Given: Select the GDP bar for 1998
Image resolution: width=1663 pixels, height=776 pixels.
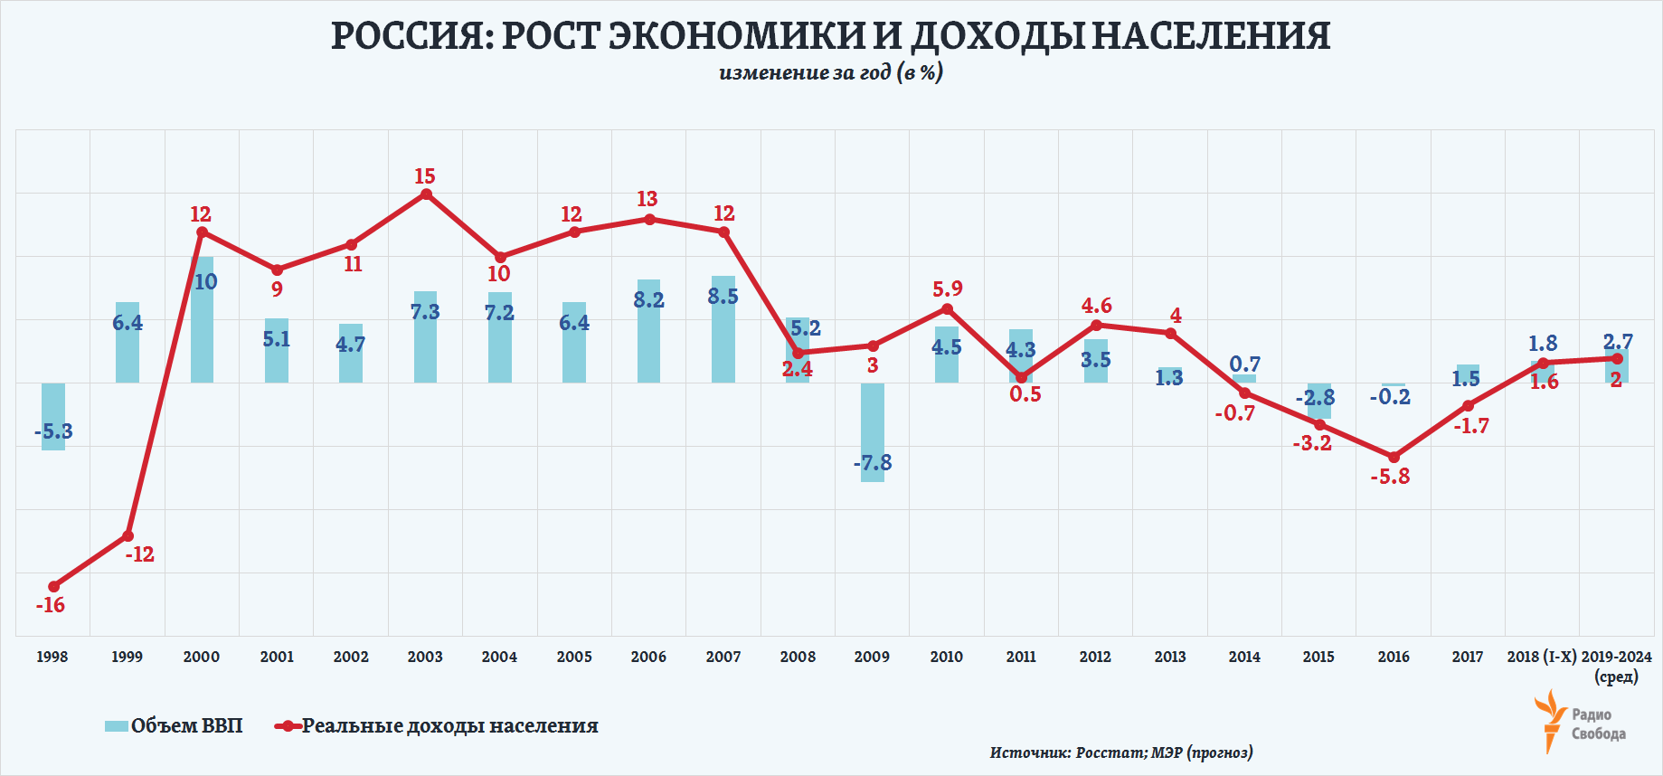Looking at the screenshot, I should [x=53, y=416].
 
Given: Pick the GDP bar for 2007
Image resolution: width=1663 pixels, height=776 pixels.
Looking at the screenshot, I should [x=723, y=329].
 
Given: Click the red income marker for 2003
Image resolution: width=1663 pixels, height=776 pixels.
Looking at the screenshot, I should [x=426, y=194].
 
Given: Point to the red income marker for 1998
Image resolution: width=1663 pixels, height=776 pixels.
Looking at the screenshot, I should [x=53, y=587].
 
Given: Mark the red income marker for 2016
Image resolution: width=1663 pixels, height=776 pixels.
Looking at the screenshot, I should [x=1394, y=458].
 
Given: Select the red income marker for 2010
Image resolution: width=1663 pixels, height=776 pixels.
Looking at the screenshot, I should [x=947, y=308].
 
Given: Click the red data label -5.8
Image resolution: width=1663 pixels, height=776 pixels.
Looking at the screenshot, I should [x=1390, y=477].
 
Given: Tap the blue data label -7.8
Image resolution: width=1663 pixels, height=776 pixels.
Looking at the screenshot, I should [x=873, y=463].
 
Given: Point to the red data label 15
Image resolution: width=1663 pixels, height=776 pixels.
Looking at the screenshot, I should [x=425, y=176].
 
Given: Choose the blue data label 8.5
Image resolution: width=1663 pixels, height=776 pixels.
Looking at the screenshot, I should [x=723, y=297].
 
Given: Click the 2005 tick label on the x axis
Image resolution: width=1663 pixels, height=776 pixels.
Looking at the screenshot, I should [x=574, y=657].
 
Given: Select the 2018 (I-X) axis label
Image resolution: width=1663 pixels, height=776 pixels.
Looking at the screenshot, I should [x=1541, y=657].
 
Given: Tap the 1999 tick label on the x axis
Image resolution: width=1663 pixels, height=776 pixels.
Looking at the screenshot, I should [x=127, y=657].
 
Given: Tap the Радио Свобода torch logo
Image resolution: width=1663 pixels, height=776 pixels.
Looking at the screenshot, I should [x=1550, y=720].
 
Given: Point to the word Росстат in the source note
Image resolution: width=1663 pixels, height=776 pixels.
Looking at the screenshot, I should [x=1110, y=752].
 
